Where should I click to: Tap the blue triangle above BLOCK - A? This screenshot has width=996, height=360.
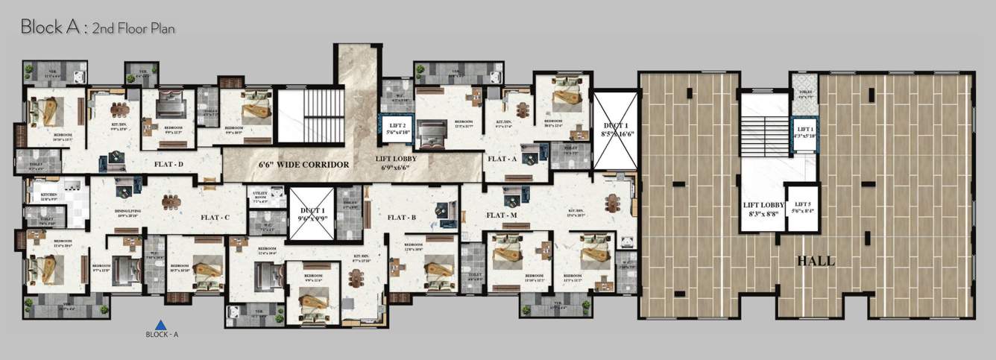(x=160, y=324)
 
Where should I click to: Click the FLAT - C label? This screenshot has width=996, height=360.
(x=215, y=218)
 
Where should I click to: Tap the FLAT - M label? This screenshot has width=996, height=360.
(x=502, y=215)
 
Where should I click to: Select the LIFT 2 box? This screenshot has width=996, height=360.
(x=396, y=129)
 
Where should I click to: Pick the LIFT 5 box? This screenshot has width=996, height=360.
(x=802, y=207)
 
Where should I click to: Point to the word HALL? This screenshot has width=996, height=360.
(x=816, y=262)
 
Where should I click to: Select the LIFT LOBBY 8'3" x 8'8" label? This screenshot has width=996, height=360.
(x=761, y=209)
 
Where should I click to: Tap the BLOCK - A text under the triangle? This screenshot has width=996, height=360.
(x=162, y=335)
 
